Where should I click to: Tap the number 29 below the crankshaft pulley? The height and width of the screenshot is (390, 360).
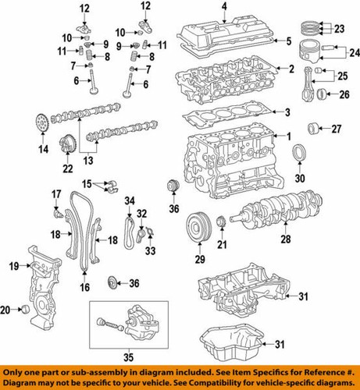point(199,259)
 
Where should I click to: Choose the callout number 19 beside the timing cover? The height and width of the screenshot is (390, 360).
point(13,267)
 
